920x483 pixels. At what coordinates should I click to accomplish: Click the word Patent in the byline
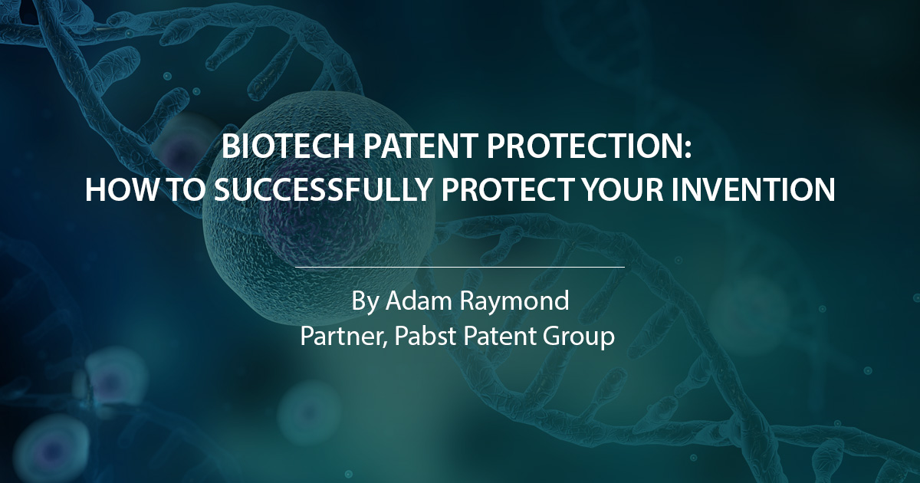point(495,337)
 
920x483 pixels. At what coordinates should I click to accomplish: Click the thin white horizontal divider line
point(460,267)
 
